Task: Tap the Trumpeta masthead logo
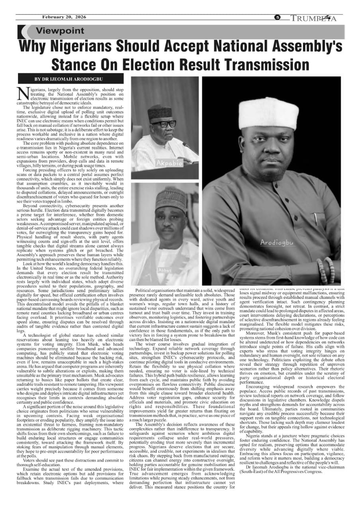313,18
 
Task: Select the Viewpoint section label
60,31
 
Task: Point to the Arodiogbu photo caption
276,242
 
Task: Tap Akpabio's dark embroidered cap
160,113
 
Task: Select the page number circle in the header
278,17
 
